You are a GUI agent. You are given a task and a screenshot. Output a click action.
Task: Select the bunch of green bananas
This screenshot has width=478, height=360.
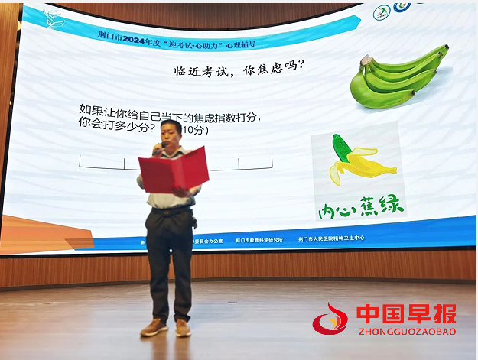point(398,77)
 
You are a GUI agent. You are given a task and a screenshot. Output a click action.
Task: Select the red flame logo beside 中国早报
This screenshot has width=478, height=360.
point(330,320)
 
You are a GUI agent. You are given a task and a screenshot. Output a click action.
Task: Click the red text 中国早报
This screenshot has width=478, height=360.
point(406,314)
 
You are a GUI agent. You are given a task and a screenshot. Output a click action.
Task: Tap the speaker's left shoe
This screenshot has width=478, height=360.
point(183,328)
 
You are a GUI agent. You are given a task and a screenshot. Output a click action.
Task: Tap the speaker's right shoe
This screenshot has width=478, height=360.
point(154,327)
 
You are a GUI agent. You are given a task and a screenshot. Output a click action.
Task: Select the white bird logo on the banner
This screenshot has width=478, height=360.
point(54,18)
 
